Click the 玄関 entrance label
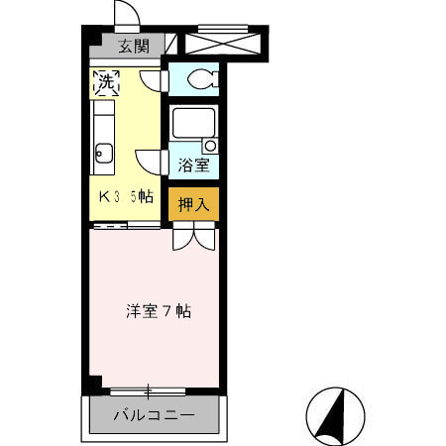point(134,47)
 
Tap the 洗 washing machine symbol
point(106,82)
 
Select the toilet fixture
point(202,79)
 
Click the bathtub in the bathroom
point(193,123)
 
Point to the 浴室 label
point(193,166)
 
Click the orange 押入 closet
point(193,204)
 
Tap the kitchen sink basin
point(104,154)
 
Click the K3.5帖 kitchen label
point(126,197)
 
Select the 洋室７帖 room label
point(159,311)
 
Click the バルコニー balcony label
point(154,415)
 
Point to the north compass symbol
point(335,416)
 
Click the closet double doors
point(194,236)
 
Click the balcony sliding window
point(148,392)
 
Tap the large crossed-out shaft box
point(223,43)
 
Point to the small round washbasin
point(210,146)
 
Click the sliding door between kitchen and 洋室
point(127,226)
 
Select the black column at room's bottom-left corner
point(93,385)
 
